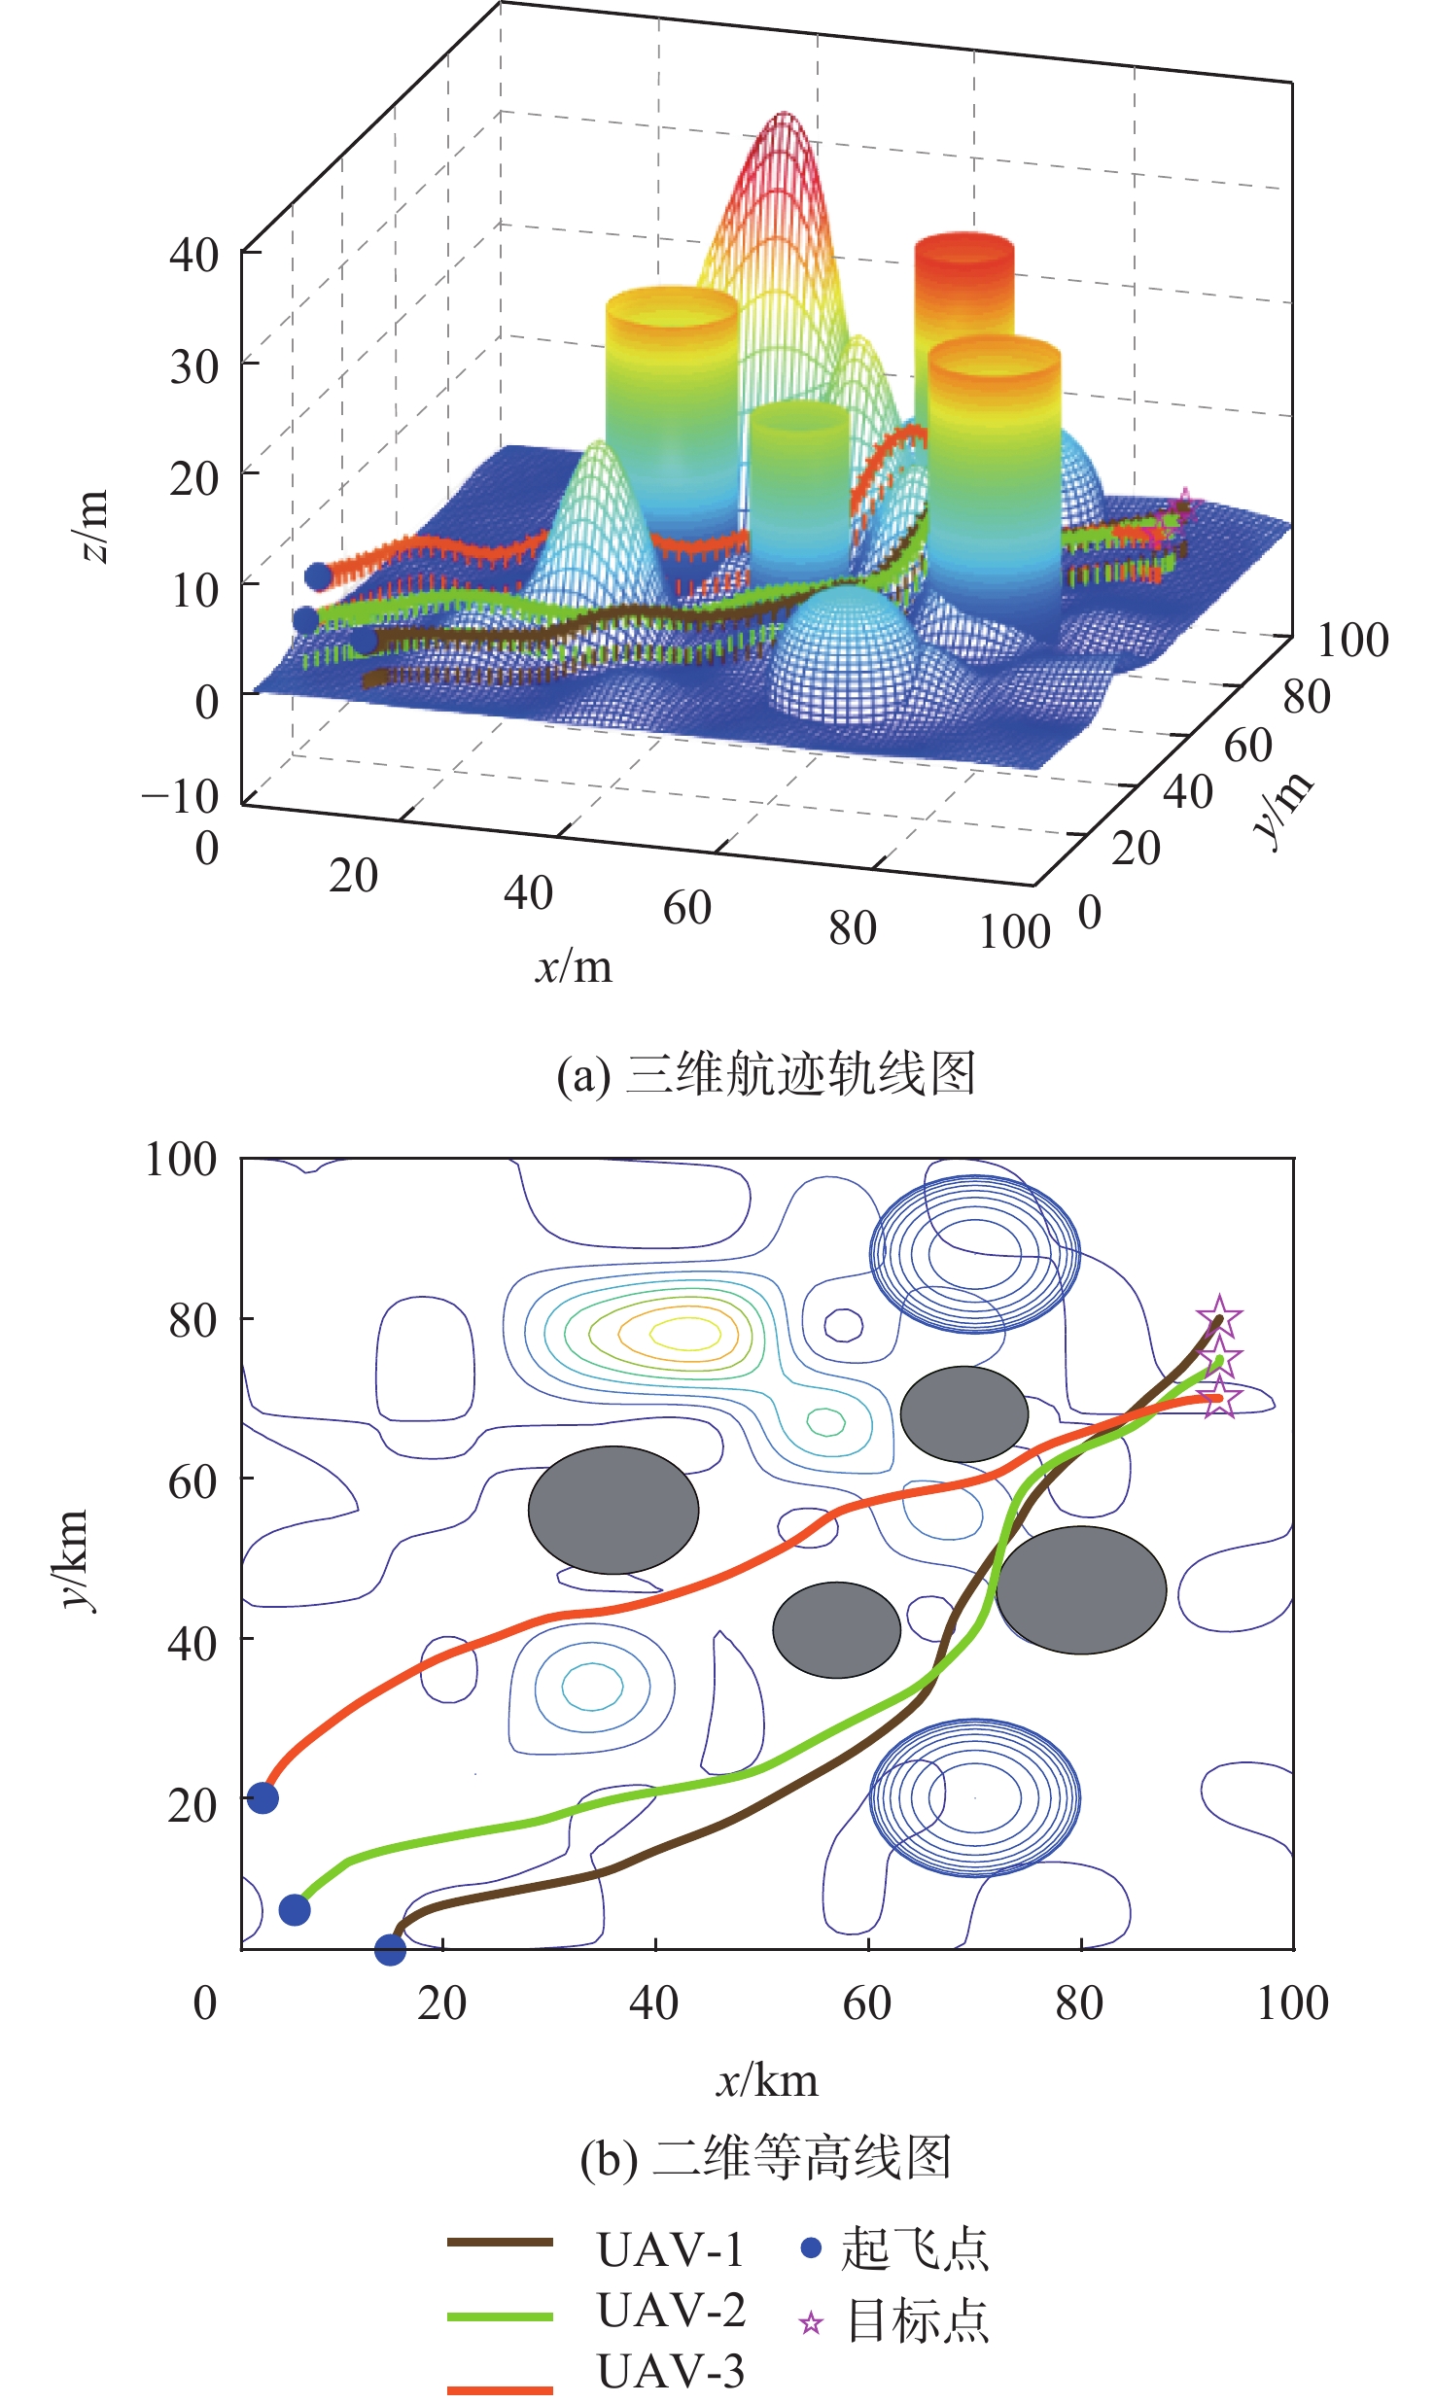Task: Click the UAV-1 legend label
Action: pyautogui.click(x=671, y=2249)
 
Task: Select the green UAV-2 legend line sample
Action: pyautogui.click(x=500, y=2316)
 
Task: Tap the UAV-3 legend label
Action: pyautogui.click(x=671, y=2371)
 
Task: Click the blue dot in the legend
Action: pyautogui.click(x=811, y=2247)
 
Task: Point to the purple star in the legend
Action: pyautogui.click(x=811, y=2323)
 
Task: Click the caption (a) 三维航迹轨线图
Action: pyautogui.click(x=765, y=1074)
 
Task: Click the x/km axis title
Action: pyautogui.click(x=767, y=2079)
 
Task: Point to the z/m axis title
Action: pyautogui.click(x=93, y=526)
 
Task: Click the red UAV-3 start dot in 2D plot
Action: pyautogui.click(x=262, y=1797)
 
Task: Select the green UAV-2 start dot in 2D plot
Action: pyautogui.click(x=295, y=1909)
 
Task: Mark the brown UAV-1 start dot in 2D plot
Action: pyautogui.click(x=390, y=1948)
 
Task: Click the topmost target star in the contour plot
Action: pyautogui.click(x=1219, y=1318)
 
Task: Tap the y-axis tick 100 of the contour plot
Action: pyautogui.click(x=181, y=1160)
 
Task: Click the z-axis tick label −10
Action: pyautogui.click(x=181, y=796)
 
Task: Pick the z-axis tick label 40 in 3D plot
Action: pyautogui.click(x=193, y=255)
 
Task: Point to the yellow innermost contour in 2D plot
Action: pyautogui.click(x=686, y=1332)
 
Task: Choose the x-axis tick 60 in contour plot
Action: pyautogui.click(x=866, y=2003)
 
